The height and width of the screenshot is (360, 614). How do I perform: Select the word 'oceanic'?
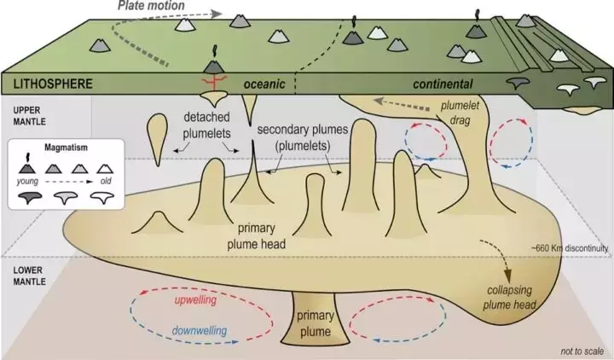(x=267, y=84)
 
